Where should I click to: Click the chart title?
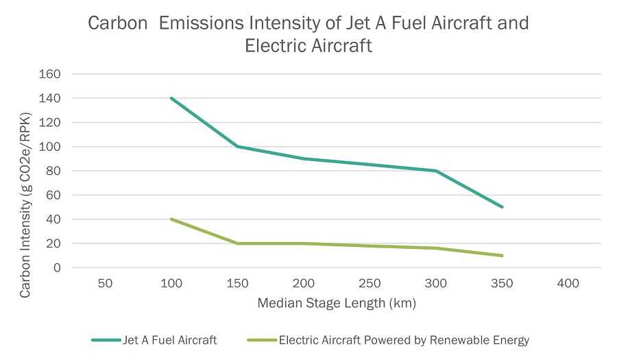tap(308, 34)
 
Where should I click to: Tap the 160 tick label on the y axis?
tap(51, 74)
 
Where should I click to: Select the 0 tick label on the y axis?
tap(58, 267)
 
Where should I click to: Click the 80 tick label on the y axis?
tap(54, 171)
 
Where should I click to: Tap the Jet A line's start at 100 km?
tap(171, 98)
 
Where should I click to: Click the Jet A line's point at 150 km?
tap(237, 146)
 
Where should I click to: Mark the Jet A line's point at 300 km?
tap(436, 171)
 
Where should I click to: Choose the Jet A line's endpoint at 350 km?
tap(503, 206)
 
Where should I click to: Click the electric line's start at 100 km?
tap(171, 219)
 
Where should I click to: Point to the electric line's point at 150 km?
tap(237, 243)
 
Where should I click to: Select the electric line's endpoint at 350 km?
tap(503, 256)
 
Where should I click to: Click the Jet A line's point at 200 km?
tap(303, 158)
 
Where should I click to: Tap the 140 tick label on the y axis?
tap(51, 98)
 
